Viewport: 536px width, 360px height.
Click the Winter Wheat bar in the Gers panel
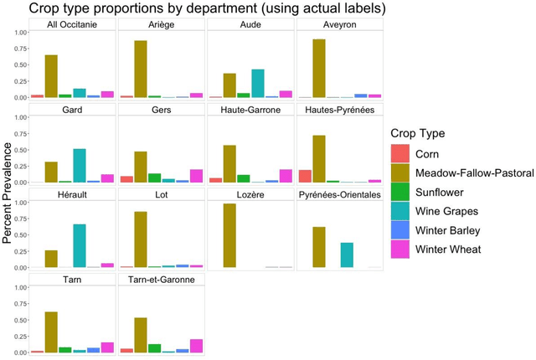[197, 176]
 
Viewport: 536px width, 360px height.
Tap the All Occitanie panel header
[72, 25]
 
